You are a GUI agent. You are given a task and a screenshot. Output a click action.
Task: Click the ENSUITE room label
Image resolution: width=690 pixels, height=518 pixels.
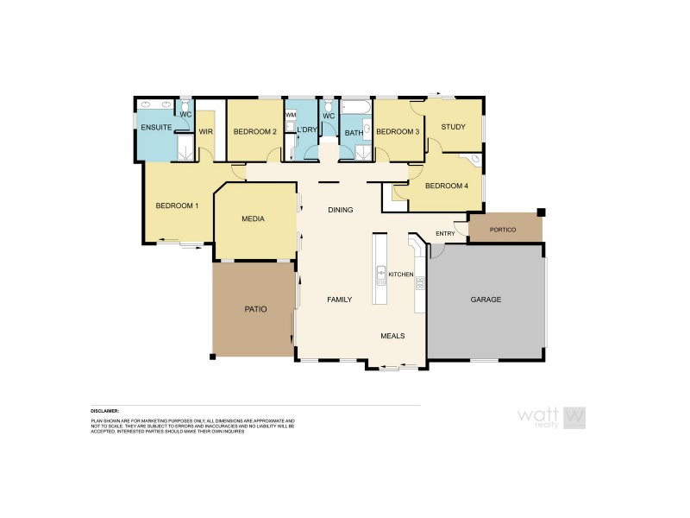point(157,129)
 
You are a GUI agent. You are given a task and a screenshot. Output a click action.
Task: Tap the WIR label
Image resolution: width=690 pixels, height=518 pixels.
point(205,132)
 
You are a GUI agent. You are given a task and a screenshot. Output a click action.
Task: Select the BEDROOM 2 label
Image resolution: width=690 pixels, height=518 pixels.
point(255,132)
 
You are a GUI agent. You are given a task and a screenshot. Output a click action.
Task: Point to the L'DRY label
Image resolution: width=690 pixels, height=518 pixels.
point(306,131)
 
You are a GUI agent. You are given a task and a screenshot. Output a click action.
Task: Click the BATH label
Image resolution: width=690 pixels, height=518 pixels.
point(354,133)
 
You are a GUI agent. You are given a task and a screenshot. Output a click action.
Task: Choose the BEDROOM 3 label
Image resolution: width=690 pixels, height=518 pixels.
point(398,131)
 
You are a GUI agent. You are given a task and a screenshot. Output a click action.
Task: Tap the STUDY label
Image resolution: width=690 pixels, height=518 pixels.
point(453,128)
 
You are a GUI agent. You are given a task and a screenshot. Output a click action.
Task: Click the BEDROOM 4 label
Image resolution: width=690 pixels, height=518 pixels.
point(447,186)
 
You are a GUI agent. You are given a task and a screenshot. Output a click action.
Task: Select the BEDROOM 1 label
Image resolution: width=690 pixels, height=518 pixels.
point(177,206)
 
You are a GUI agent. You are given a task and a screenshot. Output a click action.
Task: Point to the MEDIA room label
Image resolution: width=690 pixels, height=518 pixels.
point(253,219)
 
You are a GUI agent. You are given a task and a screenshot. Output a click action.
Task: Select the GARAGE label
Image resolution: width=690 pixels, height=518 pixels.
point(486,300)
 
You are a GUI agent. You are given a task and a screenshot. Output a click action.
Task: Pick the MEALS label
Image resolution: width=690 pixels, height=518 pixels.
point(392,336)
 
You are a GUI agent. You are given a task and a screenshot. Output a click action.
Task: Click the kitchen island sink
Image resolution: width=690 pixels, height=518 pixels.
point(380,277)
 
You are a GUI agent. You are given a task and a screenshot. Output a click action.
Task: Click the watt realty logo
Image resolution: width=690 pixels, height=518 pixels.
point(552,417)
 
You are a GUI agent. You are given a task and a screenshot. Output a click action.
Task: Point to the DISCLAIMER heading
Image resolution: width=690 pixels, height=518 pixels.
point(105,411)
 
